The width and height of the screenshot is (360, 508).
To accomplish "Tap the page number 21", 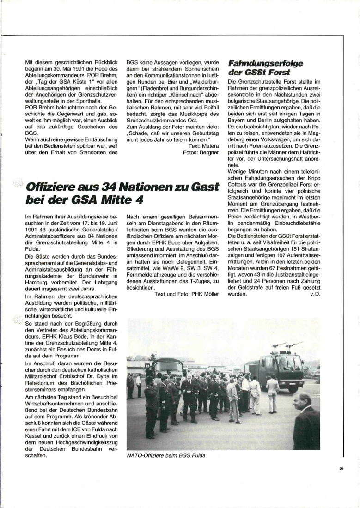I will pos(342,469).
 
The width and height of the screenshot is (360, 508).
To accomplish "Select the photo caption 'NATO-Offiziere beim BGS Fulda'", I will pos(166,455).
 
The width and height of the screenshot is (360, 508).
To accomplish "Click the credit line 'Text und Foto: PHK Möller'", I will pos(187,294).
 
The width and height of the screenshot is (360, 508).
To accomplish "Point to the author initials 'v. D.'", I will pos(314,294).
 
